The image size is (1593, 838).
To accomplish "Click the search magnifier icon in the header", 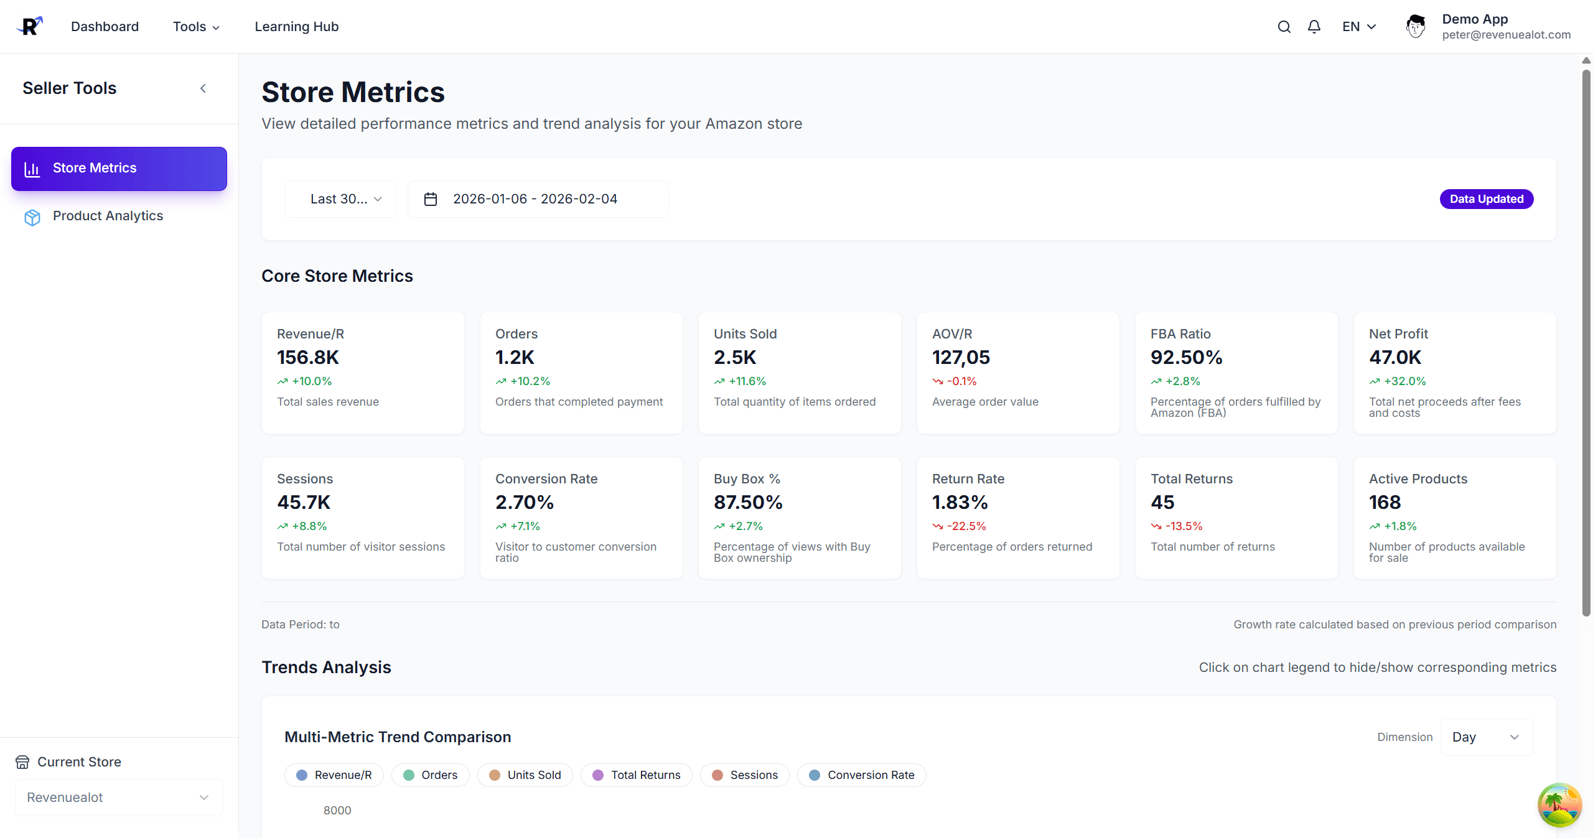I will [1284, 27].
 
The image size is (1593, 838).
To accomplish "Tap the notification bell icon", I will [1314, 27].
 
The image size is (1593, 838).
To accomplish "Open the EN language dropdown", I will [1358, 27].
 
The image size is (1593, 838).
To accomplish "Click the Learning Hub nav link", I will [296, 27].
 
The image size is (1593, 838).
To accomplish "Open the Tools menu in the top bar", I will [196, 27].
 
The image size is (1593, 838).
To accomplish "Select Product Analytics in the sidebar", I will [108, 216].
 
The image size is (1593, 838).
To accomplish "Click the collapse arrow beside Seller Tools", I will [203, 88].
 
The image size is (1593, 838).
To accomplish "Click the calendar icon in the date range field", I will [431, 199].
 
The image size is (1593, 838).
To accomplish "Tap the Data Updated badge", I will [1486, 199].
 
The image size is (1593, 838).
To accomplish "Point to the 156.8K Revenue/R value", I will [308, 358].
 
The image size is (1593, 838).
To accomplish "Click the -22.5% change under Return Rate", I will [966, 526].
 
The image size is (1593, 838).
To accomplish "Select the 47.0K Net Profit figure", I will [1395, 358].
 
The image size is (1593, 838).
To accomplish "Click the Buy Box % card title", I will [747, 479].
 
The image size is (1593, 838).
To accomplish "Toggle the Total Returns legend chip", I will [637, 775].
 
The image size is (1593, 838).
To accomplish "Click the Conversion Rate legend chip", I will [862, 775].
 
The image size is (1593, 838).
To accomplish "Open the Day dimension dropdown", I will [1486, 737].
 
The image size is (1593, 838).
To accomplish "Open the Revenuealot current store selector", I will [118, 798].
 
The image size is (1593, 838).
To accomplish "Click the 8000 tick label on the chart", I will [337, 811].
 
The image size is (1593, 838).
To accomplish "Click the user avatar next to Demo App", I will [1416, 27].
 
